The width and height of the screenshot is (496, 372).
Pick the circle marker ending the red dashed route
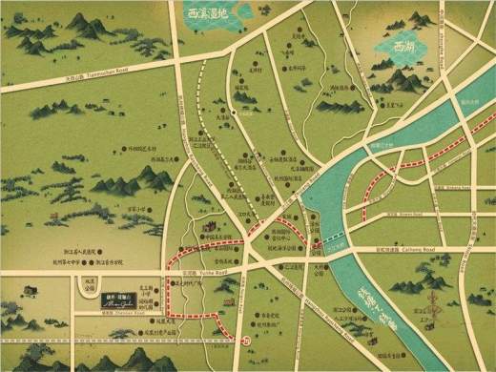(x=245, y=340)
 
